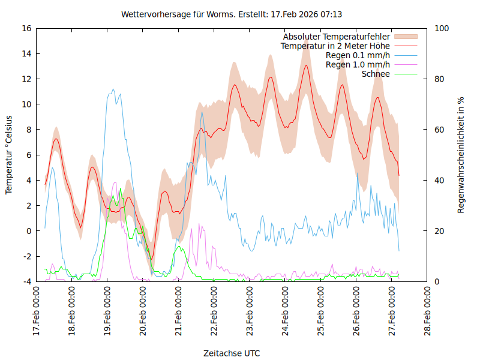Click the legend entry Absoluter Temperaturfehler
click(337, 37)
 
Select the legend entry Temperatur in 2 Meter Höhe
click(335, 46)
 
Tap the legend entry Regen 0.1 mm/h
click(358, 55)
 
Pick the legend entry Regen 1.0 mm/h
click(358, 64)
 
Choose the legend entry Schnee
click(376, 74)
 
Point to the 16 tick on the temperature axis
click(26, 28)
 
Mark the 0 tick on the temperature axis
click(29, 231)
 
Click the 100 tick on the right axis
click(441, 28)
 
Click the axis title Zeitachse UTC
click(232, 353)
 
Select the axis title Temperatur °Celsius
click(9, 155)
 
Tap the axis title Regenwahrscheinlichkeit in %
click(461, 155)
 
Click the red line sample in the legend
click(406, 46)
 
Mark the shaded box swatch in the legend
click(406, 37)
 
